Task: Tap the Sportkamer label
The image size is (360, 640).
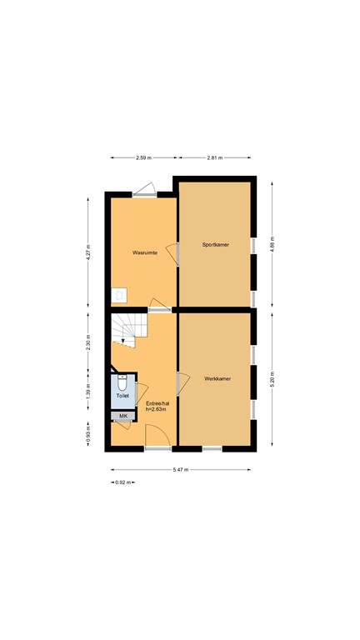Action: coord(216,244)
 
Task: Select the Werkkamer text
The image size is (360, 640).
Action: coord(217,379)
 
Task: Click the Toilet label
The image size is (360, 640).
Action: coord(122,396)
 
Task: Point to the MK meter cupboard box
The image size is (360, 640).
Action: coord(123,416)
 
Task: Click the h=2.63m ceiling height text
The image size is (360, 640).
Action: coord(156,409)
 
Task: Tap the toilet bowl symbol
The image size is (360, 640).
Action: coord(122,383)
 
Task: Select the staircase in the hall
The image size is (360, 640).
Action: coord(127,329)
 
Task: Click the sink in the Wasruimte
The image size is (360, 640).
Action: coord(120,294)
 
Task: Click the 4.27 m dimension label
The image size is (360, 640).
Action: coord(88,252)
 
